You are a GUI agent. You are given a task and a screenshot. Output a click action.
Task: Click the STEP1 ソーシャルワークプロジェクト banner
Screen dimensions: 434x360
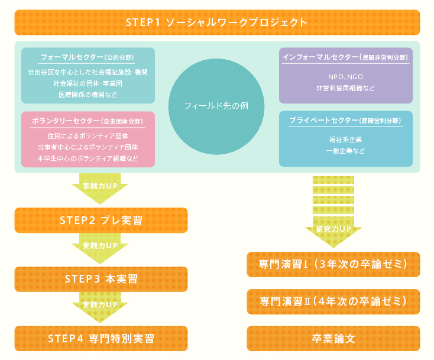pyautogui.click(x=217, y=22)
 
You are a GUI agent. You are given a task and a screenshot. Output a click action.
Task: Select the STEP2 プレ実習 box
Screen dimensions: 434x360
pyautogui.click(x=101, y=220)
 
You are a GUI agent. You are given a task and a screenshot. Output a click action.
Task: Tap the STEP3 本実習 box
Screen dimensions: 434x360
pyautogui.click(x=101, y=279)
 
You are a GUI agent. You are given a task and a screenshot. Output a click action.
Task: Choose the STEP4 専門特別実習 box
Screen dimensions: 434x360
pyautogui.click(x=101, y=338)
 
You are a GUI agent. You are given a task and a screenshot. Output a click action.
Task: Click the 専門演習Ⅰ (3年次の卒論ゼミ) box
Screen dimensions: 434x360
pyautogui.click(x=333, y=265)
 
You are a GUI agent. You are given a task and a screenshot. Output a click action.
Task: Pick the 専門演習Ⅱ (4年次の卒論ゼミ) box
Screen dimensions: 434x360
pyautogui.click(x=333, y=301)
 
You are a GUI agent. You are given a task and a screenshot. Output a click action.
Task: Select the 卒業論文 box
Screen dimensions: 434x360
pyautogui.click(x=333, y=338)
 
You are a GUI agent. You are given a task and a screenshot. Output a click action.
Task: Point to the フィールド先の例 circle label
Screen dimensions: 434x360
pyautogui.click(x=216, y=106)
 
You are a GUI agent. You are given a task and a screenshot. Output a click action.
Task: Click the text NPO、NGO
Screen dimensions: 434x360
pyautogui.click(x=345, y=77)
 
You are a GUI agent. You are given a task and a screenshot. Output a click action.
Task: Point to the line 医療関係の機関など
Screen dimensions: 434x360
pyautogui.click(x=88, y=95)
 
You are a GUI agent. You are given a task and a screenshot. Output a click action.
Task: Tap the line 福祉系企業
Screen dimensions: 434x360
pyautogui.click(x=345, y=140)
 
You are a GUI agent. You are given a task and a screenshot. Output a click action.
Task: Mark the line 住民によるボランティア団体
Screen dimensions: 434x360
pyautogui.click(x=88, y=136)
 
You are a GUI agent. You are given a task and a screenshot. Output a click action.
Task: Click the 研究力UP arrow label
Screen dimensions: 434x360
pyautogui.click(x=333, y=229)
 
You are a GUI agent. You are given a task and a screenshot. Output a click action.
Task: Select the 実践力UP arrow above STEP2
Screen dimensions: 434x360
pyautogui.click(x=100, y=189)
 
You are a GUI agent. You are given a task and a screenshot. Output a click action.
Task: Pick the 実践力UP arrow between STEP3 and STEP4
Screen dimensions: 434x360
pyautogui.click(x=100, y=307)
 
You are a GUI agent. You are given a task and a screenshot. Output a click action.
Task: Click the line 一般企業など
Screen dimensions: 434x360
pyautogui.click(x=345, y=151)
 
